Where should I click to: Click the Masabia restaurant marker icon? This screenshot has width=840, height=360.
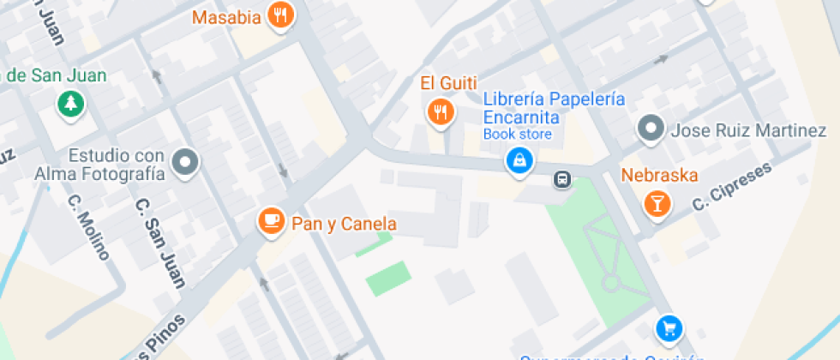pos(280,15)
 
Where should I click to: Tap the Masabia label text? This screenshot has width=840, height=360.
pos(226,17)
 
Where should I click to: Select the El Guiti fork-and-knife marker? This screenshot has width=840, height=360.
pos(440,111)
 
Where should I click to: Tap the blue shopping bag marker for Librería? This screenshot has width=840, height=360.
pos(518,160)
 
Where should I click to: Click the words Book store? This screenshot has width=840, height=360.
pos(518,134)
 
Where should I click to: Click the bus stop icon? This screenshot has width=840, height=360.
pos(562,179)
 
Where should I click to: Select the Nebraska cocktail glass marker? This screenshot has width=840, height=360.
pos(657,203)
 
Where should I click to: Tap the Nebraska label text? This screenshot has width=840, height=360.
pos(659,176)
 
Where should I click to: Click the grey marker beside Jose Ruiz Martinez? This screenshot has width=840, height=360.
pos(651,129)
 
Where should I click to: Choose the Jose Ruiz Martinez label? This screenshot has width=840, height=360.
pos(747,131)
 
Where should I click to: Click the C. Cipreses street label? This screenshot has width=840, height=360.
pos(732,186)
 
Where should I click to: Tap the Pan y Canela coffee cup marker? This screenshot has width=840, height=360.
pos(272,221)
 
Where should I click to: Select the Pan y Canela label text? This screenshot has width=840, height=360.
pos(344,225)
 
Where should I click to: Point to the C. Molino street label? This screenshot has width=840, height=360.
pos(89,227)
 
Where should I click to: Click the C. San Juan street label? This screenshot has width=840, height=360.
pos(160,243)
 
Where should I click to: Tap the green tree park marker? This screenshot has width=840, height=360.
pos(69,105)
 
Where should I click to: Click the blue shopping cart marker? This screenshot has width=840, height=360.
pos(668,327)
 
